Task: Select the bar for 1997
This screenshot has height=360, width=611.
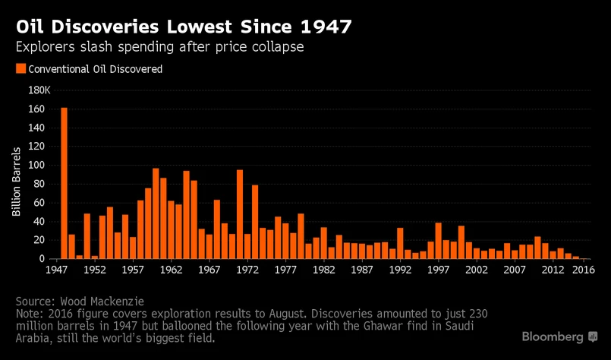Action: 438,241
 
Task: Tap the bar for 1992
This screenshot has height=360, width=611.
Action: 400,243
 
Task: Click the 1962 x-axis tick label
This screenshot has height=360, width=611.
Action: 171,269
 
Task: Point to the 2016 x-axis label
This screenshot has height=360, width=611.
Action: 582,269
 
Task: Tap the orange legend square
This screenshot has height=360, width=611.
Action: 20,69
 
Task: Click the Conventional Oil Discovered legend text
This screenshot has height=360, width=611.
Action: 95,69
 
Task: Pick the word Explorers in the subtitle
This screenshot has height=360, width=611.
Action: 46,47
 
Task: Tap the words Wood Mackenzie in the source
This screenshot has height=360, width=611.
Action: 106,302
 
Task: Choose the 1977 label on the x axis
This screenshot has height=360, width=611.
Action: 285,269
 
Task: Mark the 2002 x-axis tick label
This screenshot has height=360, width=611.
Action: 476,269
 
